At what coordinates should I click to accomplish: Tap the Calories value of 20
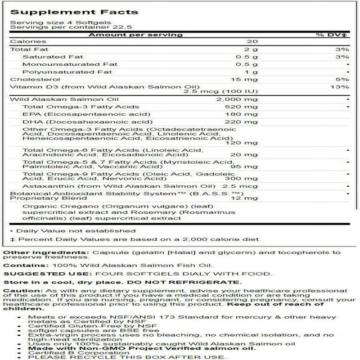(252, 41)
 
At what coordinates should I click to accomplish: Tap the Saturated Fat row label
(44, 57)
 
